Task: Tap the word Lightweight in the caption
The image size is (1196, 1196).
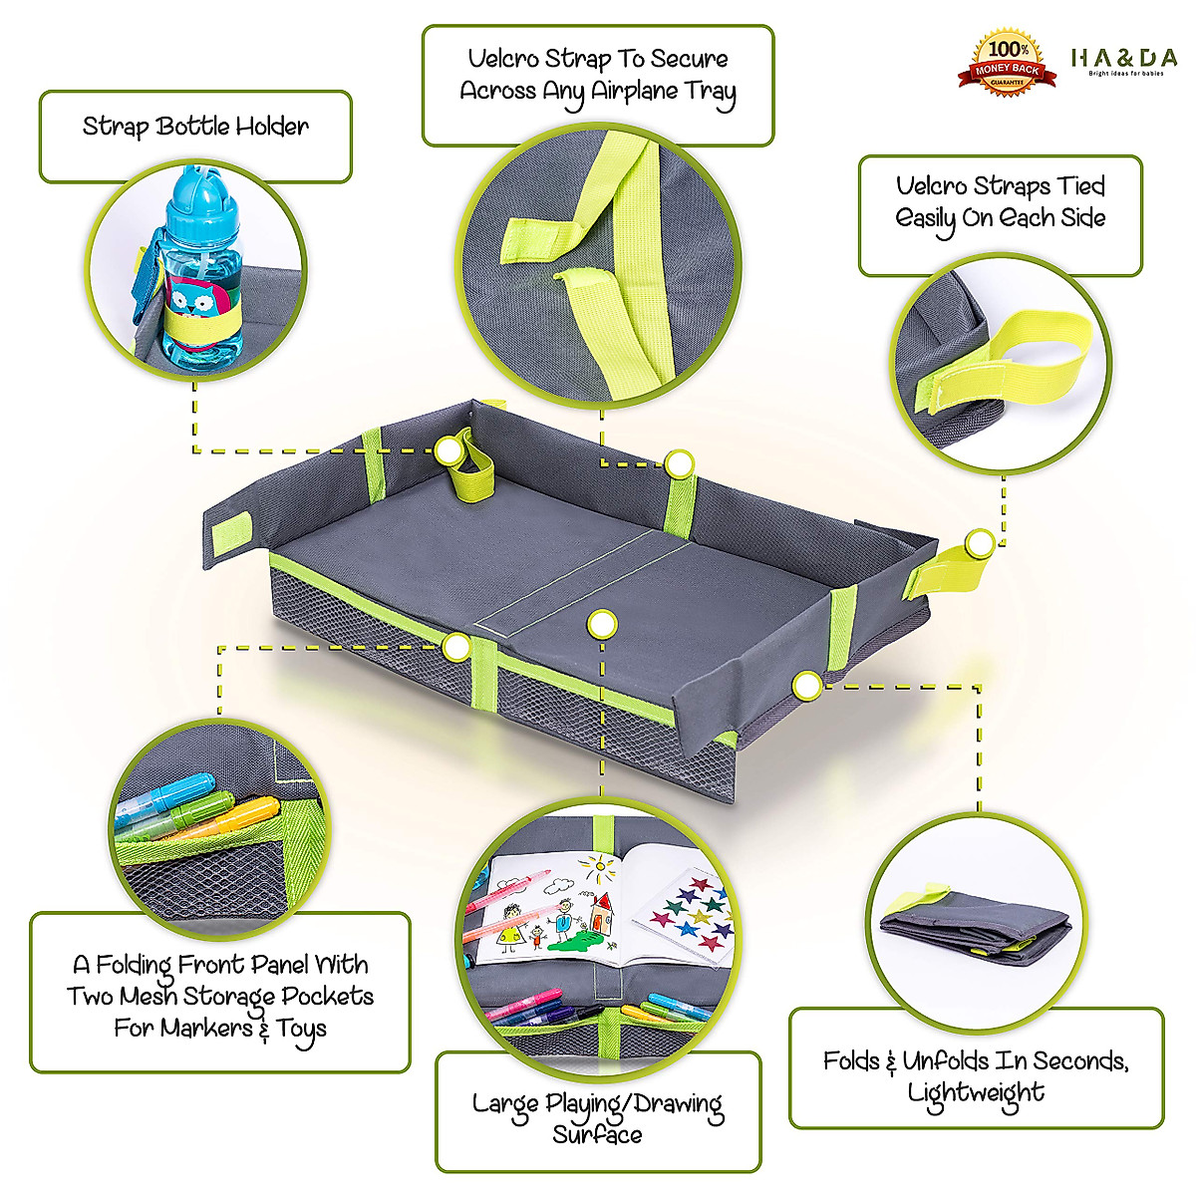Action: (x=976, y=1092)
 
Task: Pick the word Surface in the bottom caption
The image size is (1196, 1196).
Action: (x=597, y=1135)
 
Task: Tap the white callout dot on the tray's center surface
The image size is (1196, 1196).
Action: (x=601, y=625)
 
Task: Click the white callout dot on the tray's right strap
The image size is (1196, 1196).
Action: (x=979, y=542)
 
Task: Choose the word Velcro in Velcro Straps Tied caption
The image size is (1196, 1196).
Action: (x=931, y=185)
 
